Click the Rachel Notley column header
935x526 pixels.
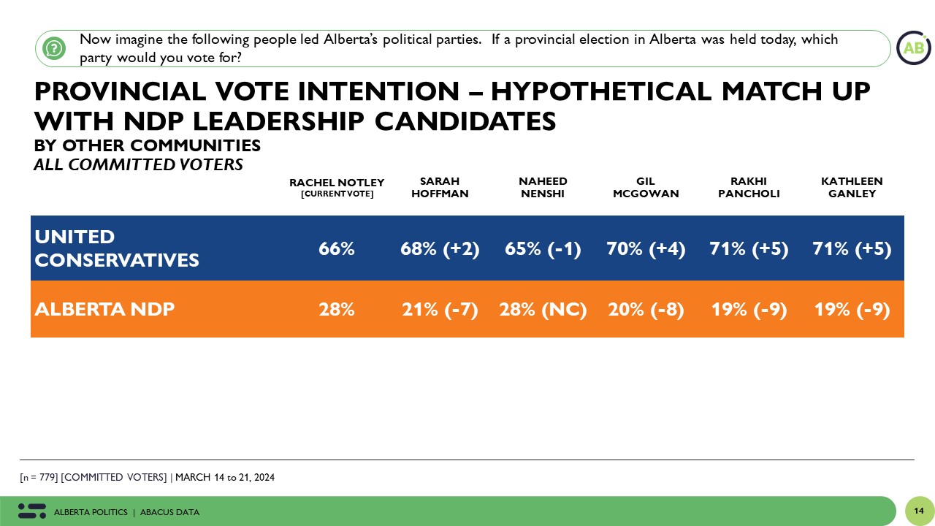coord(337,187)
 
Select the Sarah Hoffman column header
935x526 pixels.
coord(440,187)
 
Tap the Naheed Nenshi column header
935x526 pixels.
coord(543,187)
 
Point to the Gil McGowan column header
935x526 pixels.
coord(646,187)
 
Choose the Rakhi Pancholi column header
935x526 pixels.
coord(749,187)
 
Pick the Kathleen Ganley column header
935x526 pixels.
coord(852,187)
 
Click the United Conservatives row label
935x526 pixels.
coord(117,248)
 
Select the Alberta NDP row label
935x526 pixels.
coord(104,309)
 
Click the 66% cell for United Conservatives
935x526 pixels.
coord(337,249)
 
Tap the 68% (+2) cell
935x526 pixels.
coord(440,249)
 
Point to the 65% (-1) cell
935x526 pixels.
coord(543,249)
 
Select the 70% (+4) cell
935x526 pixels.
coord(646,249)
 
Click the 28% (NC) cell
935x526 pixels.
coord(543,310)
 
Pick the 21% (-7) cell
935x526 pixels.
coord(440,310)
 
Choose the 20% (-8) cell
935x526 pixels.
coord(646,310)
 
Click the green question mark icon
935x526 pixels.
coord(54,48)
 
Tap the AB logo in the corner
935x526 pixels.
coord(913,48)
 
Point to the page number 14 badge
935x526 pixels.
coord(919,511)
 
